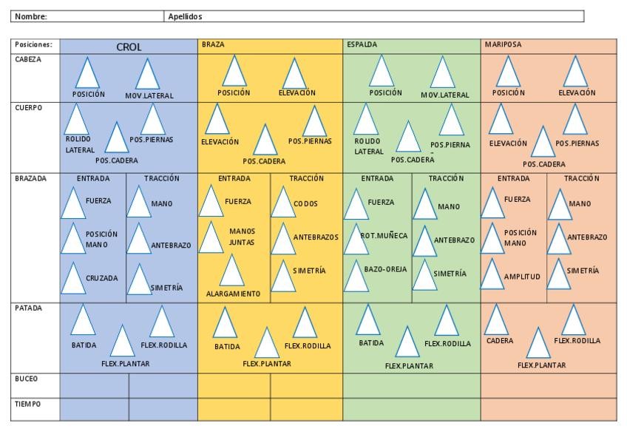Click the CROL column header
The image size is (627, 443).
click(129, 47)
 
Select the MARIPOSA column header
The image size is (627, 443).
click(503, 45)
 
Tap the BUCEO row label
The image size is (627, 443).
click(26, 379)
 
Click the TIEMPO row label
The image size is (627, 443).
click(27, 404)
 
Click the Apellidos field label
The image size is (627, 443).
click(185, 16)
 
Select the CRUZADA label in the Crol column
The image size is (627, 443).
click(101, 279)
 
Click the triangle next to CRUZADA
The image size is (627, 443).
click(72, 278)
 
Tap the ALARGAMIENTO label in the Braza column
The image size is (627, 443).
click(233, 294)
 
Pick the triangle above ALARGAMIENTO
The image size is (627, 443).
click(232, 271)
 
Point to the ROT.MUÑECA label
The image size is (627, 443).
click(384, 236)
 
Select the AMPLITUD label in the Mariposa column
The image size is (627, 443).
click(522, 277)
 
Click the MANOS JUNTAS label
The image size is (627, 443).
click(242, 237)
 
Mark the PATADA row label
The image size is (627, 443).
click(28, 308)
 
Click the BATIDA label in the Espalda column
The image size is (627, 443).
click(371, 343)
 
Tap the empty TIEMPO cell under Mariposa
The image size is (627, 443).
click(548, 409)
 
